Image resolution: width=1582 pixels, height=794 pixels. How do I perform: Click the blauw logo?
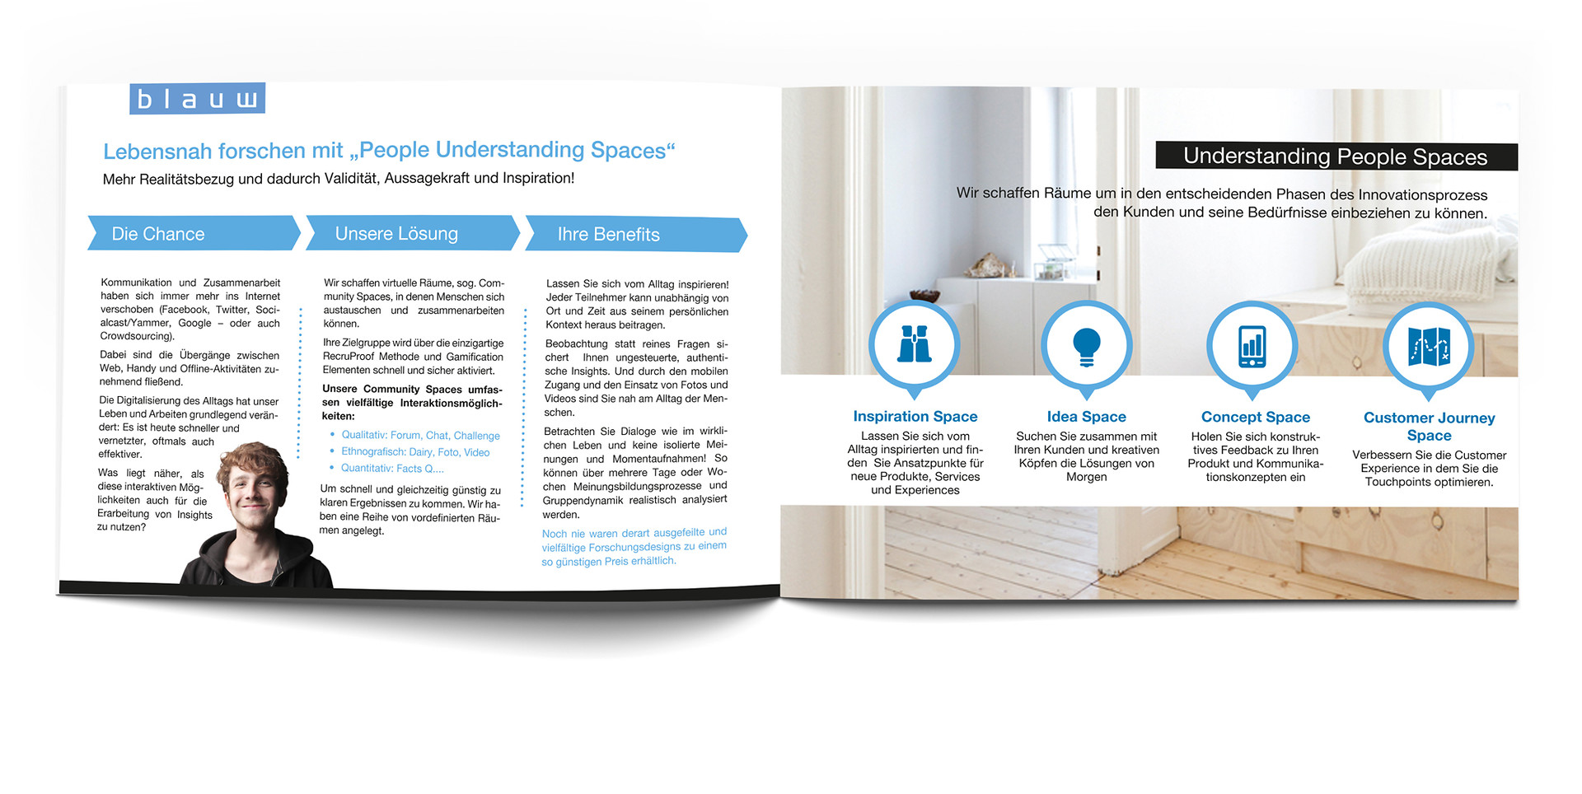(197, 99)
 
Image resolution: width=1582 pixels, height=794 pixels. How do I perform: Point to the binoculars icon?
(915, 345)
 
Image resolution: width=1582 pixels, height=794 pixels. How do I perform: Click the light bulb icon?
(1086, 346)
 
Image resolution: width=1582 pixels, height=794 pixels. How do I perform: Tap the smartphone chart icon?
(1252, 346)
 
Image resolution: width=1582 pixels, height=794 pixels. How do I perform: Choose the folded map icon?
(1429, 347)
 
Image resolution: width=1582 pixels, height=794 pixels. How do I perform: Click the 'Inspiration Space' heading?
(915, 417)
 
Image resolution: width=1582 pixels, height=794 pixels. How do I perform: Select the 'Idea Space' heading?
(1086, 417)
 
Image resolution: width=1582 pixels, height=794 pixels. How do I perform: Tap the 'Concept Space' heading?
(1255, 417)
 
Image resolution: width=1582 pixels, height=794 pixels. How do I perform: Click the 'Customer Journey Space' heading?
(1429, 427)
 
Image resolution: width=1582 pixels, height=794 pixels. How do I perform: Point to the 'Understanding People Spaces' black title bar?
(1335, 156)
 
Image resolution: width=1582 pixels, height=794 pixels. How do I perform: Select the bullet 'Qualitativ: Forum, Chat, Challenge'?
(420, 436)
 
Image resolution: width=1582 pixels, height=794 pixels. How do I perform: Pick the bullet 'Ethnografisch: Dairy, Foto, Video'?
(415, 452)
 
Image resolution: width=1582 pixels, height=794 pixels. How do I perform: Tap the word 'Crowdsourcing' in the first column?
(136, 336)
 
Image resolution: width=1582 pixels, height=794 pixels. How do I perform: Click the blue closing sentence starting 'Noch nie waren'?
(633, 547)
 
